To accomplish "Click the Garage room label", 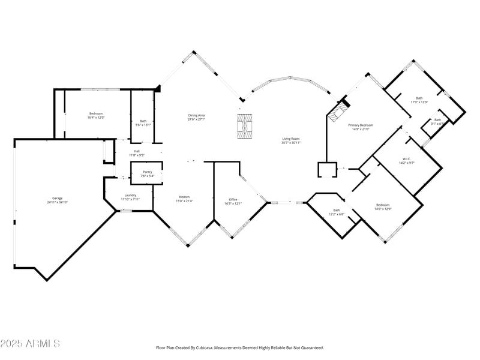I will (58, 198).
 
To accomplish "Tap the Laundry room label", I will (130, 195).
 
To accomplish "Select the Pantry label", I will (147, 172).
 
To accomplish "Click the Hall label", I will (137, 151).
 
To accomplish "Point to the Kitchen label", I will (184, 197).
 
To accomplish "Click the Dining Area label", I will (197, 115).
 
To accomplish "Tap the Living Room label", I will (291, 139).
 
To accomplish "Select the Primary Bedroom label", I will (361, 125).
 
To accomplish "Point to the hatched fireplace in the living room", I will (244, 127).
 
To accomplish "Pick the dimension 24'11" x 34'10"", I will (58, 202).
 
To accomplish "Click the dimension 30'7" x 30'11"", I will (291, 143).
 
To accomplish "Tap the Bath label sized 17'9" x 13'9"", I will (419, 98).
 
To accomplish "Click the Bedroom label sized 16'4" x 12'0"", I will (96, 113).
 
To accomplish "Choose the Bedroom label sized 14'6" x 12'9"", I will (383, 205).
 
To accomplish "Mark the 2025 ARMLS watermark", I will (30, 344).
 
